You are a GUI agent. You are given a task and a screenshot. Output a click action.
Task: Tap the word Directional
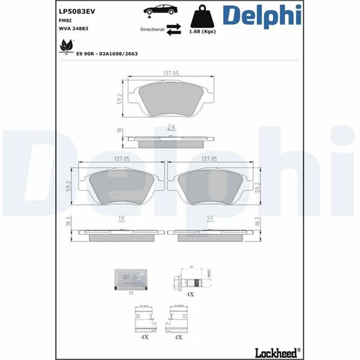152,29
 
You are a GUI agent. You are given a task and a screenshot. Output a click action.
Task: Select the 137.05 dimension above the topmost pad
170,74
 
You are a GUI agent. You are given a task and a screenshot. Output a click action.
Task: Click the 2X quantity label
171,128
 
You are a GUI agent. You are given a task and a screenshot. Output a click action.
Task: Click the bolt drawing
189,280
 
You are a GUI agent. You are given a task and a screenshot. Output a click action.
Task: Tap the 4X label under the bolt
190,294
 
